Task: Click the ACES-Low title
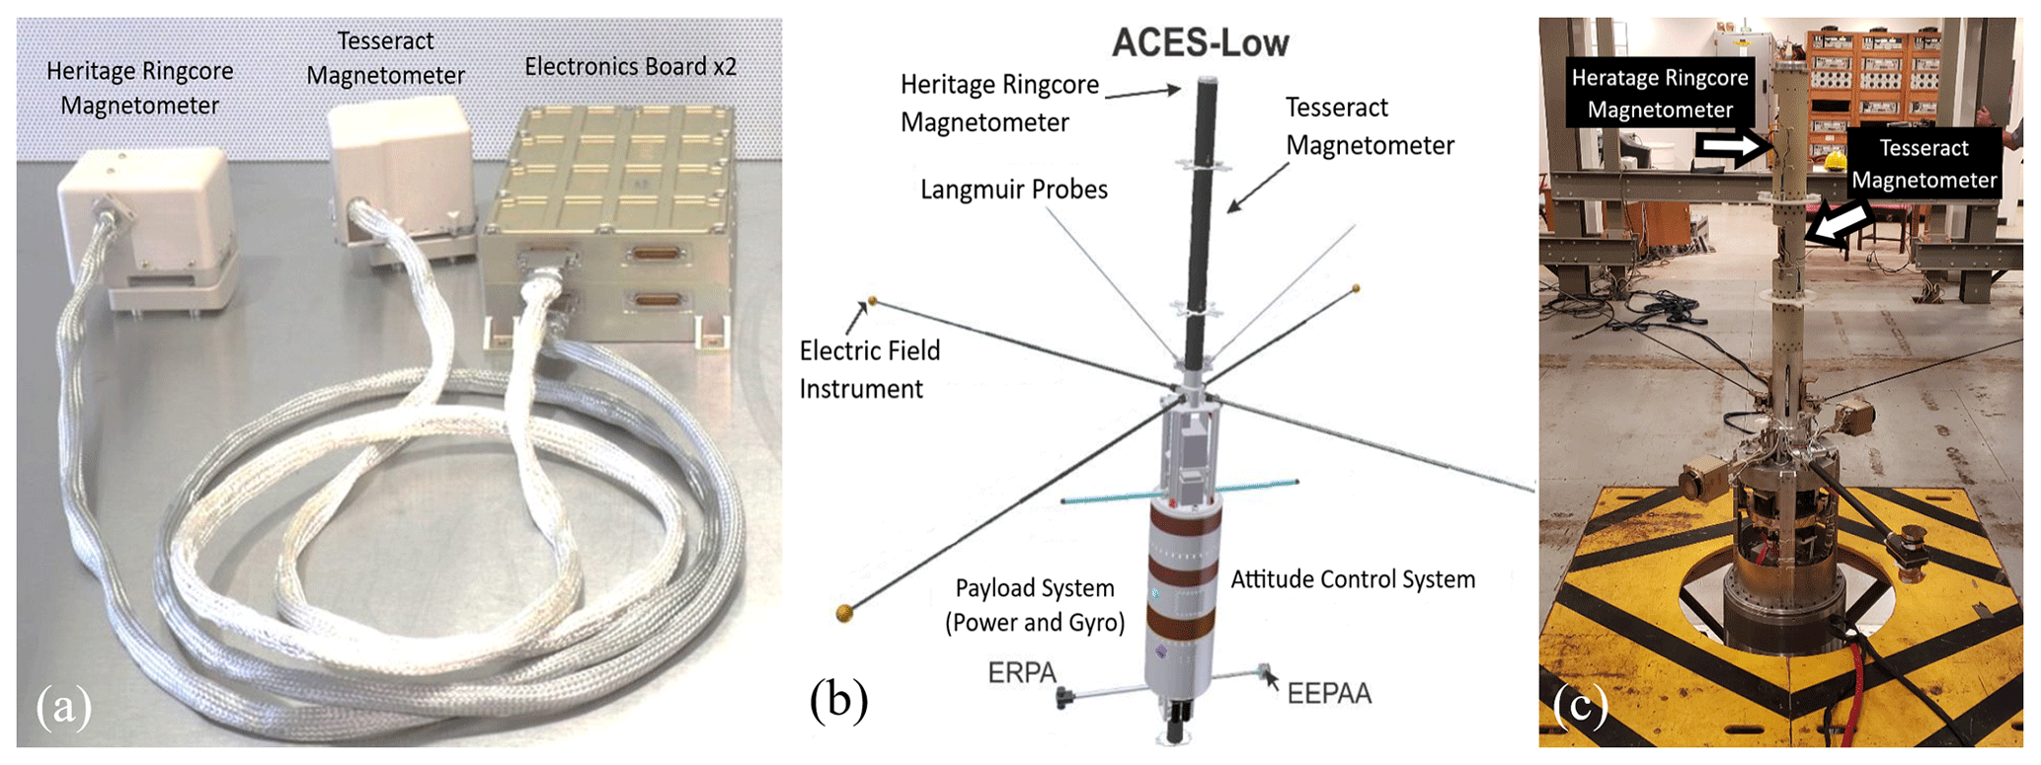(x=1200, y=43)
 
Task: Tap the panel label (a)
(x=64, y=708)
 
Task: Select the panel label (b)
(x=838, y=700)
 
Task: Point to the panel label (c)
(x=1580, y=706)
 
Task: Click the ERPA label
(x=1022, y=673)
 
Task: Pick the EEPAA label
(x=1329, y=693)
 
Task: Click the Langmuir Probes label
(x=1013, y=190)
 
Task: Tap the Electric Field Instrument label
(x=869, y=369)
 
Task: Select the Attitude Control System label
(x=1352, y=579)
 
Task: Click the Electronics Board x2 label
(x=630, y=66)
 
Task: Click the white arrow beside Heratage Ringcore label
(x=1733, y=149)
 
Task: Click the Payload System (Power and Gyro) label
(x=1034, y=605)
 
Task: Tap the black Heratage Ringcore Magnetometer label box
(x=1659, y=93)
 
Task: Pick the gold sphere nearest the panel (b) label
(x=844, y=614)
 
